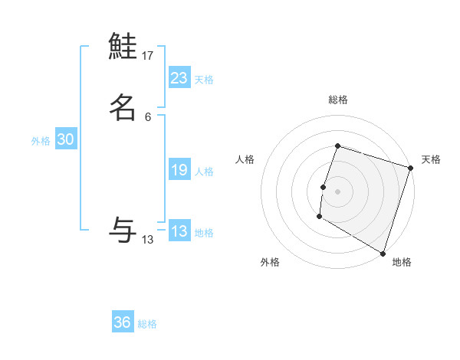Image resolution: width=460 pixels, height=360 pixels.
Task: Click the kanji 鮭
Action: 123,47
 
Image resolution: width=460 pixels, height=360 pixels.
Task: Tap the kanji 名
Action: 123,107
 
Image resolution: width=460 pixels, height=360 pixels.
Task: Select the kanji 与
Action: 123,229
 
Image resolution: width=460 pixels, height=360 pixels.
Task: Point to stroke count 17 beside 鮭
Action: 148,56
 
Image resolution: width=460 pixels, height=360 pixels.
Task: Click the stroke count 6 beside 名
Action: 148,117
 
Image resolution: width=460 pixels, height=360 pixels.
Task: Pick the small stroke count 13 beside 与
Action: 148,240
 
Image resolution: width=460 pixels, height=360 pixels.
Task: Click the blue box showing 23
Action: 179,78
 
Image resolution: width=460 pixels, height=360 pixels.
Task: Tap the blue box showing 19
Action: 179,170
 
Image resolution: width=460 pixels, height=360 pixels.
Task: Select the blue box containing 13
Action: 179,231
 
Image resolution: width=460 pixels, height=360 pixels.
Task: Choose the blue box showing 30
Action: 66,139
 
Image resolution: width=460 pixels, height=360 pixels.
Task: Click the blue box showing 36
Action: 123,322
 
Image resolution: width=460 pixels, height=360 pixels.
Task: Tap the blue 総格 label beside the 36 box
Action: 147,324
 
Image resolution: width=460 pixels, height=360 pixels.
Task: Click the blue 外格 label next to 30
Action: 41,141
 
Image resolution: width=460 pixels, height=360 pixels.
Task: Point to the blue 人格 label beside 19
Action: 204,172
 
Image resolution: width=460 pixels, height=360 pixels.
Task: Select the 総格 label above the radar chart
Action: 337,100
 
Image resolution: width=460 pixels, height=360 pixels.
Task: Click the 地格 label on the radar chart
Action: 402,262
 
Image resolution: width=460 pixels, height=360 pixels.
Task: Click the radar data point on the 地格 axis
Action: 382,253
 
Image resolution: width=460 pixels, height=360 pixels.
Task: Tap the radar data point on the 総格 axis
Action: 337,146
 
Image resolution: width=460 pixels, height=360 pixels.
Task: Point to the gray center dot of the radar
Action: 337,191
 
